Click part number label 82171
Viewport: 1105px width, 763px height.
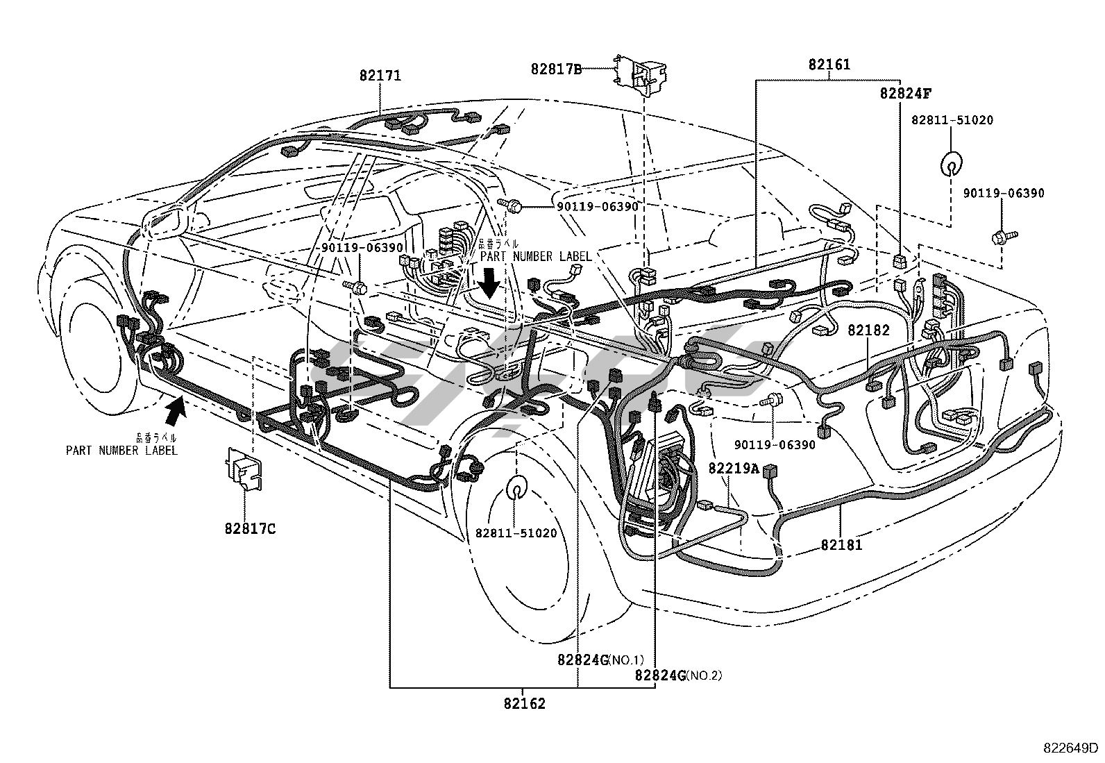pos(380,76)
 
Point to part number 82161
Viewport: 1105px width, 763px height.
pos(829,65)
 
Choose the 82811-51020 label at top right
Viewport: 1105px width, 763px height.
pos(952,120)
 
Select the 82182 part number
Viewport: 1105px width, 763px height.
pos(868,330)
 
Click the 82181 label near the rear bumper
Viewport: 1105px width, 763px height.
pos(841,545)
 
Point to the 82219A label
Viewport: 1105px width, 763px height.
pos(734,468)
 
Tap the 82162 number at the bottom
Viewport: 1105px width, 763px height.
pos(525,703)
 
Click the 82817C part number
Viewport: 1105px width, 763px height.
pos(250,528)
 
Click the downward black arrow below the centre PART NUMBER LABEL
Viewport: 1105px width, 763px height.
pos(490,282)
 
